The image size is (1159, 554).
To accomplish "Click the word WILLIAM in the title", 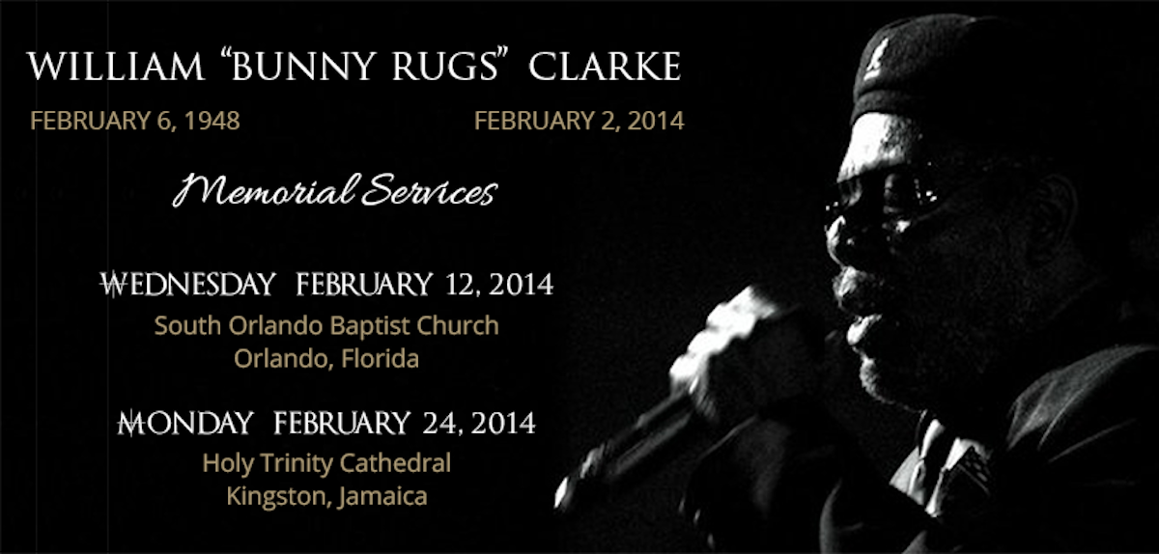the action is (x=116, y=67).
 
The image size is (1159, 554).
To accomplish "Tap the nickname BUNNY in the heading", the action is (x=302, y=66).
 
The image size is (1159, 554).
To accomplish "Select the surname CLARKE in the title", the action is (x=605, y=67).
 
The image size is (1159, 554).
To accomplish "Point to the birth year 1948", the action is (x=212, y=121).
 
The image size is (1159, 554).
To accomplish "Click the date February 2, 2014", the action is (x=579, y=121).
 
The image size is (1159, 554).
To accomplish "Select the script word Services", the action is (x=430, y=190).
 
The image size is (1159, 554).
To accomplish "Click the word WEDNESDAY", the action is (x=187, y=285).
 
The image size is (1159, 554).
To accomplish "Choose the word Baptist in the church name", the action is (x=370, y=326).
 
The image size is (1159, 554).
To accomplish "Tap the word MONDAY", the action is (x=185, y=423).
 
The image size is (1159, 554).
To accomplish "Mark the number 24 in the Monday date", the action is (x=440, y=423).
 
